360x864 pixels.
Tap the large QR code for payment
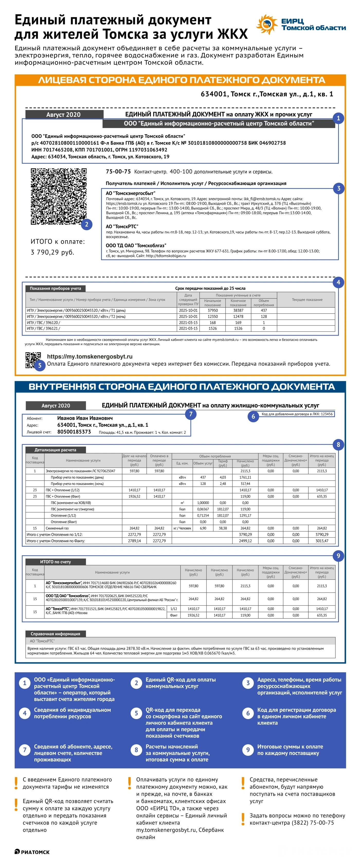coord(59,196)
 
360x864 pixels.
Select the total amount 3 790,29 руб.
coord(52,252)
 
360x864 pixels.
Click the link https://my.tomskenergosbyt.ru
coord(89,356)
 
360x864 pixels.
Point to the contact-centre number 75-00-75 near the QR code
coord(118,171)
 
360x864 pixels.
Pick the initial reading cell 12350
coord(213,317)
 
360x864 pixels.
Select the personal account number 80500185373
coord(74,432)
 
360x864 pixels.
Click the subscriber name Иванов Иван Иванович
coord(85,418)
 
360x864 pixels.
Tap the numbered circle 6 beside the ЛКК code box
coord(253,416)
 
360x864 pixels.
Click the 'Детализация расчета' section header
coord(55,450)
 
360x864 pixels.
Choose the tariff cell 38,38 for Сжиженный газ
coord(223,528)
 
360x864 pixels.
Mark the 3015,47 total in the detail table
coord(322,541)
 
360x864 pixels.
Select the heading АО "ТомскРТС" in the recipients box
coord(122,226)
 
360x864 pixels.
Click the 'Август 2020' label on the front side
coord(64,115)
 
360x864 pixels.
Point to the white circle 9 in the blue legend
coord(248,750)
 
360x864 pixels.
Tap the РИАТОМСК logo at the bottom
coord(32,852)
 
